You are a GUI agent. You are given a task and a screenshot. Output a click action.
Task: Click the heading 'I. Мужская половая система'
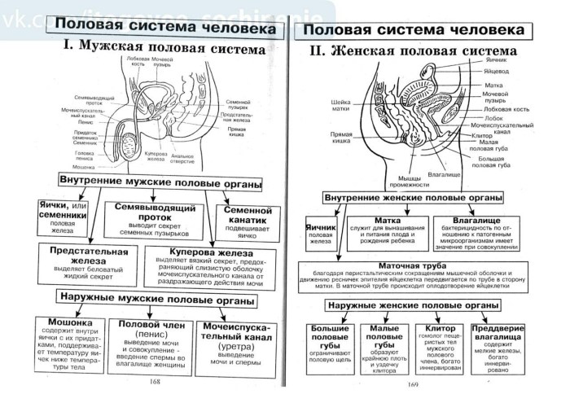coord(163,50)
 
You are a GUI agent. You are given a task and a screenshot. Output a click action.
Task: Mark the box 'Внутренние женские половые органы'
coord(413,198)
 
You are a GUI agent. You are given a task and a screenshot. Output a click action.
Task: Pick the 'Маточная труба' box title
coord(413,266)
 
